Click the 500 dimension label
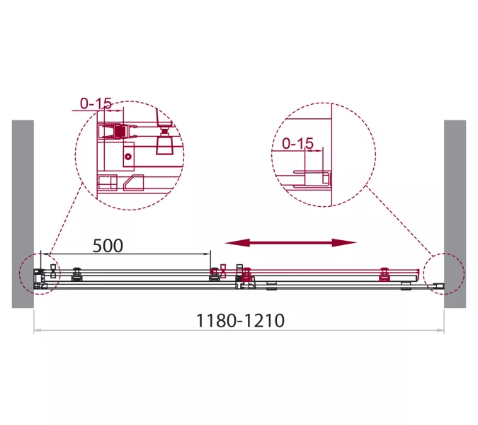[x=108, y=246]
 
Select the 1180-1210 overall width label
[x=240, y=321]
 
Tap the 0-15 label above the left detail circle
[x=96, y=103]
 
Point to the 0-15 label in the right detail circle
[x=298, y=144]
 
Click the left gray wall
[x=23, y=214]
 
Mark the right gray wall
[x=455, y=214]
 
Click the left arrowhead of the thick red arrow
[x=237, y=243]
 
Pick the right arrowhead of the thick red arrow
[x=344, y=243]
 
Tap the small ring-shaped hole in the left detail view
[x=128, y=157]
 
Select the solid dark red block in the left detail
[x=120, y=132]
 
